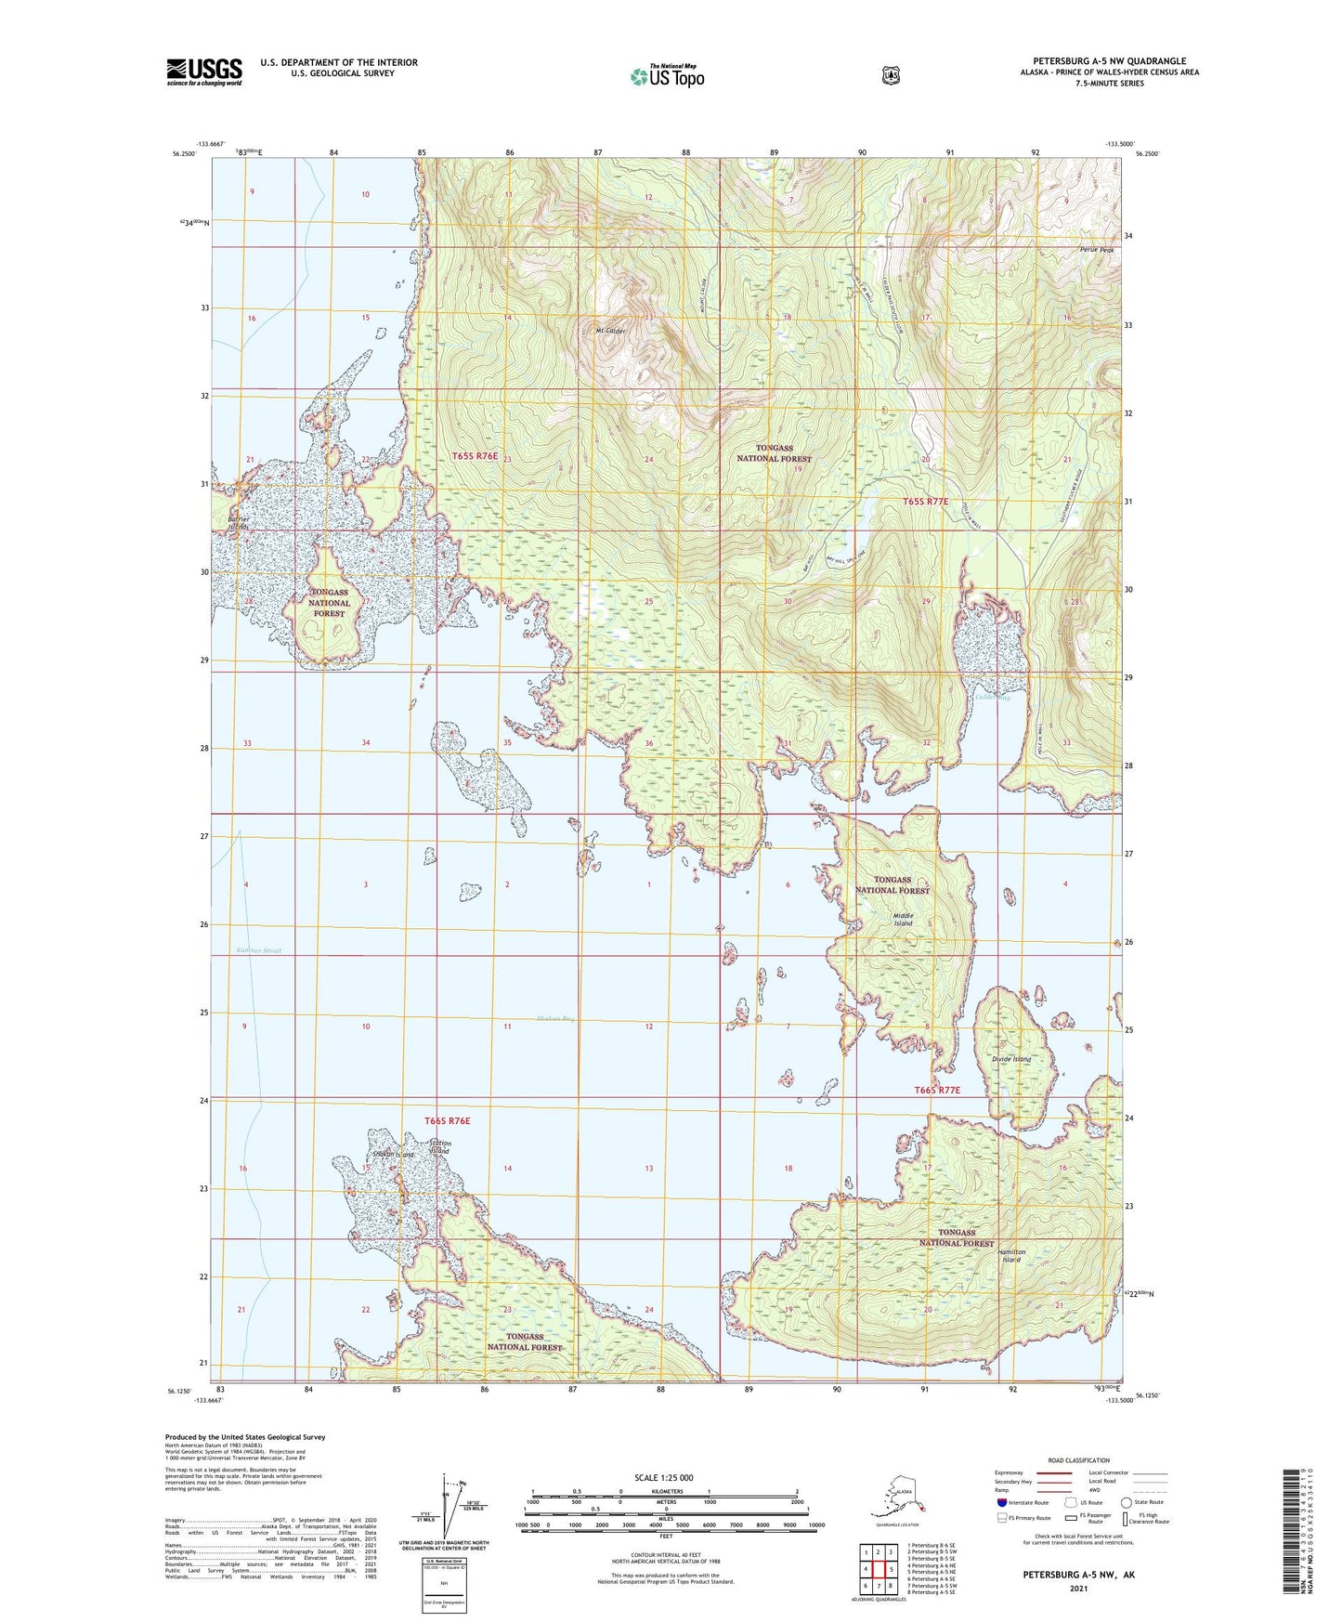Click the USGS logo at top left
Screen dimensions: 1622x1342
(203, 72)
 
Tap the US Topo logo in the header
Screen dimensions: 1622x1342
(667, 75)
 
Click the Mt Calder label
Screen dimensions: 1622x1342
(610, 330)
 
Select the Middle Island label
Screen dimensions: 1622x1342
(897, 919)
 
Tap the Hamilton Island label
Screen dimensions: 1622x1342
(1011, 1255)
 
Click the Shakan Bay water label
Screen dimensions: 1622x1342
(555, 1019)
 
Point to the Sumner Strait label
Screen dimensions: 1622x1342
(258, 950)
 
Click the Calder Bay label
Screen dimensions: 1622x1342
(993, 697)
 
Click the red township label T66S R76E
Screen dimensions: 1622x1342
(448, 1121)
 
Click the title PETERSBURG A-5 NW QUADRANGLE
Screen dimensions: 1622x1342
(1109, 61)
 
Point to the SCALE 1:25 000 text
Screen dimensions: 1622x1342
(663, 1478)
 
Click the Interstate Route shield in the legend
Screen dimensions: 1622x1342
(1001, 1502)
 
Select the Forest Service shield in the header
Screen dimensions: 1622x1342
(891, 75)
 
